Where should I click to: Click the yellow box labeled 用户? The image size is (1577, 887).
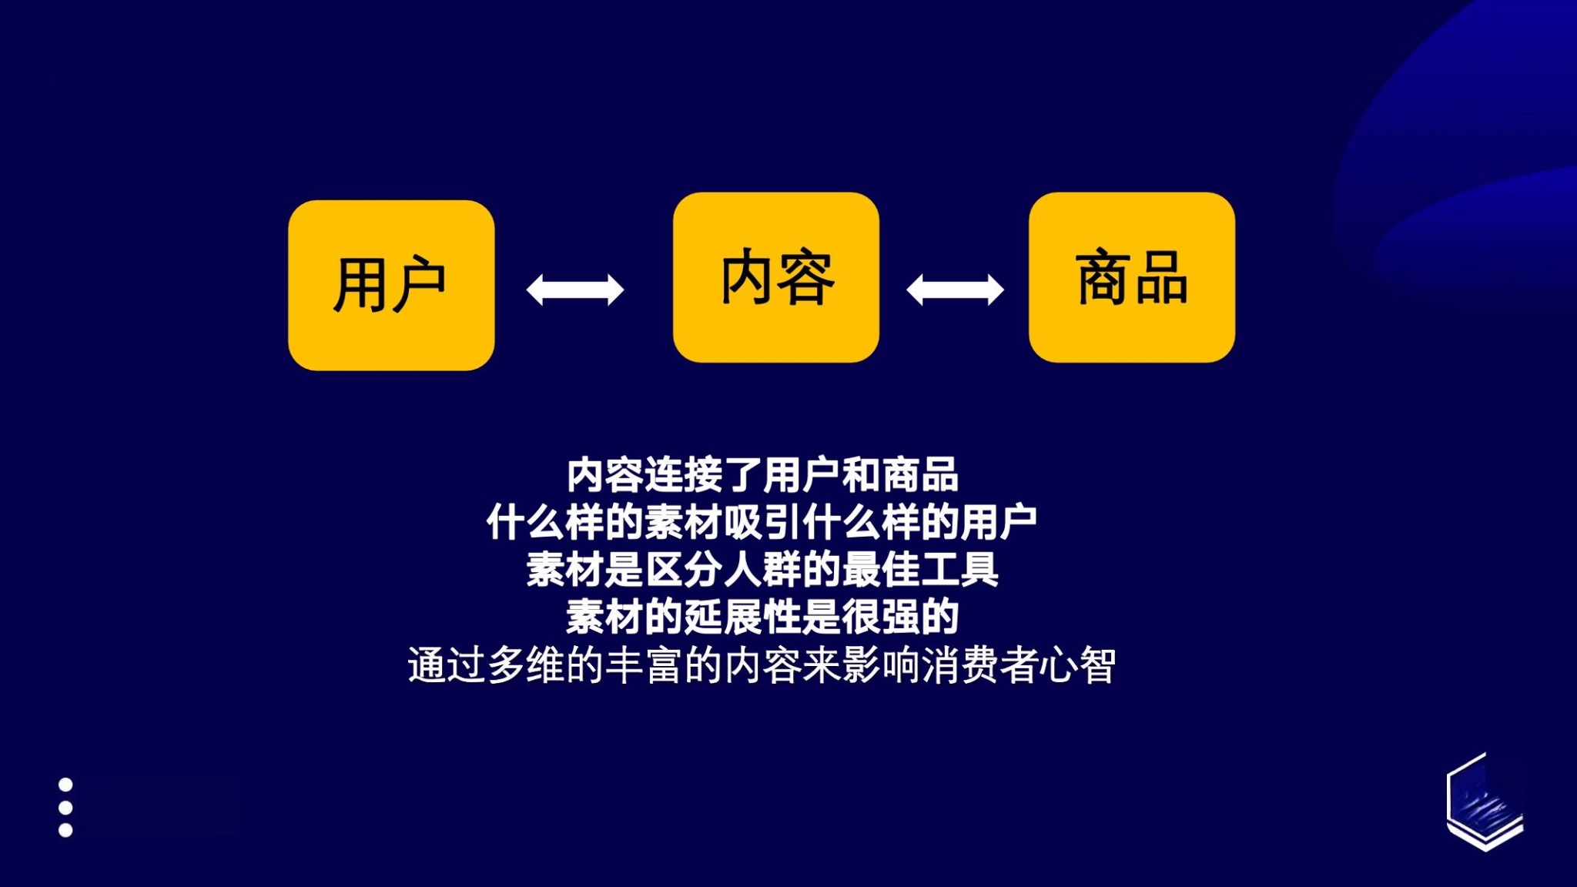click(x=391, y=285)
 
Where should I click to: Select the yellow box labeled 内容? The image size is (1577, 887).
click(x=776, y=277)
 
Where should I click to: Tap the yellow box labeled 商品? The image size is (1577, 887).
click(x=1132, y=277)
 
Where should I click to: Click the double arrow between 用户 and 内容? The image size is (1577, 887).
click(x=575, y=290)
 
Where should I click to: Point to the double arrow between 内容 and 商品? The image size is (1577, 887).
click(x=955, y=290)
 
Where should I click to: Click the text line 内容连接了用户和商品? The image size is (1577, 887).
click(x=762, y=475)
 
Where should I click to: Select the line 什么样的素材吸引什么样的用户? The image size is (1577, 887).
click(x=762, y=523)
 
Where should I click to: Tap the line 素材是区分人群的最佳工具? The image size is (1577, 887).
click(x=762, y=570)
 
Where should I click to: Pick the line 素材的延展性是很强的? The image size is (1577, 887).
click(x=762, y=617)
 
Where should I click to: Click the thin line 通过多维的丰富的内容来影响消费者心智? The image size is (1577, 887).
click(x=762, y=665)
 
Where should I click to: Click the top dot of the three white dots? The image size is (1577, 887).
click(x=65, y=785)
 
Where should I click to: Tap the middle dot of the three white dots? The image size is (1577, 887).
click(x=65, y=808)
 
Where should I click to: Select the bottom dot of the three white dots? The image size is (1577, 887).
click(x=65, y=830)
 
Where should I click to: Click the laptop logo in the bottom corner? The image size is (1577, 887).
click(x=1485, y=802)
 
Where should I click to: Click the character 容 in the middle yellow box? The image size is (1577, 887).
click(x=806, y=277)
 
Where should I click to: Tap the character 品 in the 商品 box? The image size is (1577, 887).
click(x=1161, y=278)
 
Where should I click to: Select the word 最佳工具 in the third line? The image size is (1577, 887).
click(x=920, y=570)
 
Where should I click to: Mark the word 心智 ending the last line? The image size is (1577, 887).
click(x=1077, y=665)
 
